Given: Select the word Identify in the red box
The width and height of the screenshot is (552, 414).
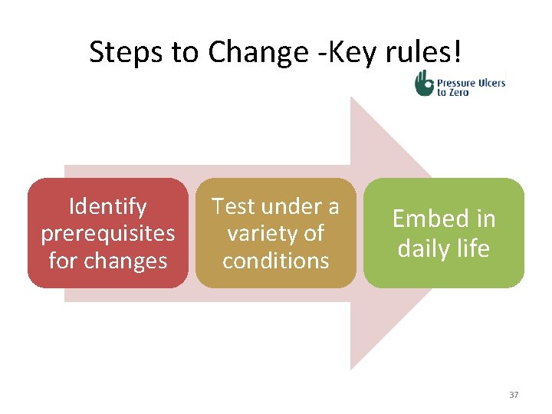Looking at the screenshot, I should click(107, 206).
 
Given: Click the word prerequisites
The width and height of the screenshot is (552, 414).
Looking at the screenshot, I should click(107, 233).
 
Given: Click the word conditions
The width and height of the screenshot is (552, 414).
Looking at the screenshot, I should click(275, 261).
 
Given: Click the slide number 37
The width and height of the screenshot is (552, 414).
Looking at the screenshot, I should click(513, 395).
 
